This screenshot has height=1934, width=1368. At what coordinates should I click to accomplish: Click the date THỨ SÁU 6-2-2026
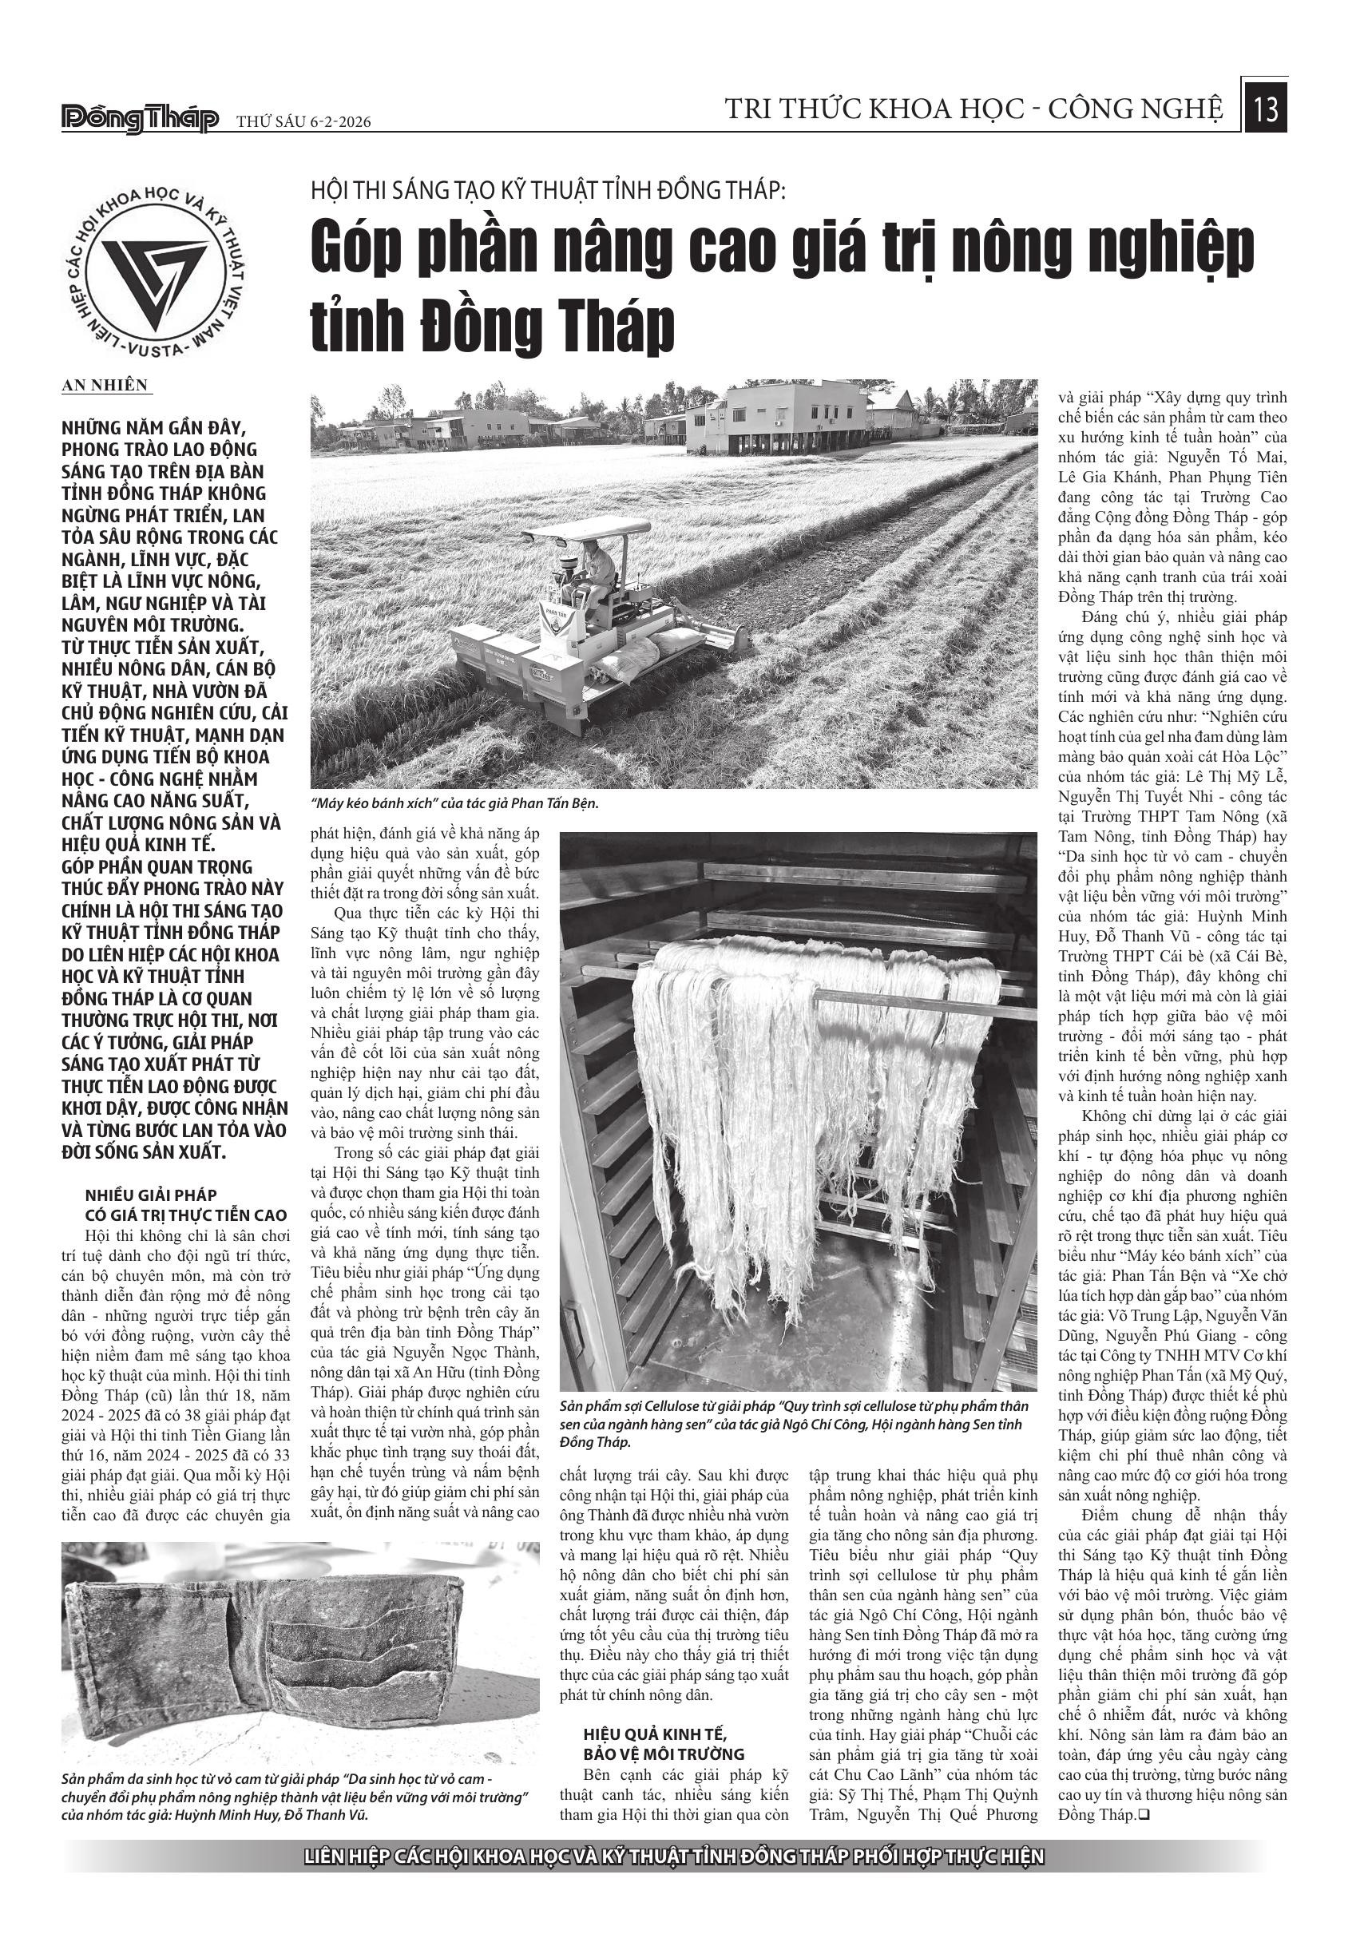[x=304, y=123]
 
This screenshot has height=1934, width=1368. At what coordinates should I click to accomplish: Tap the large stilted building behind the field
[x=774, y=418]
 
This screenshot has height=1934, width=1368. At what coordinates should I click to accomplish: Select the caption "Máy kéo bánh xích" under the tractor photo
[x=454, y=803]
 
